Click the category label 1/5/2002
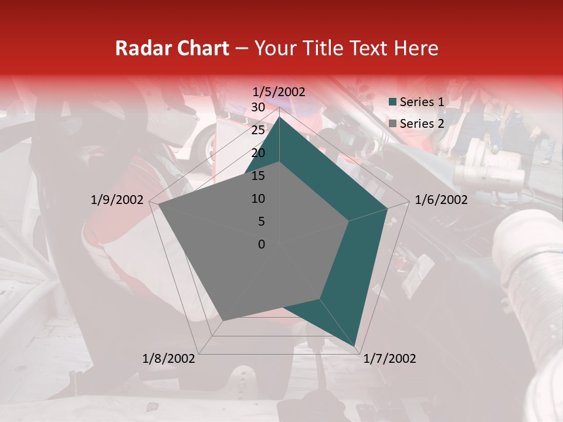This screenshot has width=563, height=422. point(279,92)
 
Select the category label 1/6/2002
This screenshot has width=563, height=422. point(441,200)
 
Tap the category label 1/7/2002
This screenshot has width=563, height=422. point(389,359)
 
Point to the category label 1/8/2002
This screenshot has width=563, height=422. point(169,359)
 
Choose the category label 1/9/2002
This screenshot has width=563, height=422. point(117,200)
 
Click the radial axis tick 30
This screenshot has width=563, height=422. point(258,107)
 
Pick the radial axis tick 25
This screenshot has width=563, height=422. point(258,130)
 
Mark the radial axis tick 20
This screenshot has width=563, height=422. point(258,153)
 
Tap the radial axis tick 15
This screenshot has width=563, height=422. point(258,176)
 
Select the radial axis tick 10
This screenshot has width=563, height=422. point(258,199)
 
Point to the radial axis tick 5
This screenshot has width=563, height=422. point(261,222)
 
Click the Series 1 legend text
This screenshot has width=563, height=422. point(422,102)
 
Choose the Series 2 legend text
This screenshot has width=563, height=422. point(422,124)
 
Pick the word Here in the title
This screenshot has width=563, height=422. point(416,48)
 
